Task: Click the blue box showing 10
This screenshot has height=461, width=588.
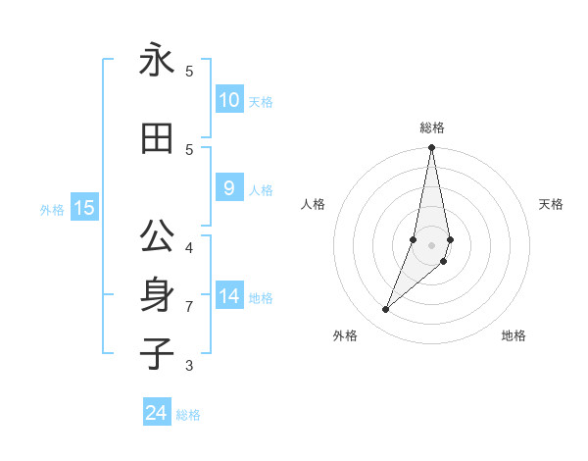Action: pos(229,100)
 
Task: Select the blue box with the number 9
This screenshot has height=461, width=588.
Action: pos(229,188)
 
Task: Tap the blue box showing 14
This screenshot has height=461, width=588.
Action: pos(229,296)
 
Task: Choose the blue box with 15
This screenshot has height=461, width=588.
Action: pos(84,207)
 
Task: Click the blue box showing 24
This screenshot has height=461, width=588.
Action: pos(157,413)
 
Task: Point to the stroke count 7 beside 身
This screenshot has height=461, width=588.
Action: pos(189,307)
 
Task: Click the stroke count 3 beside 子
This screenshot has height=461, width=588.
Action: pos(189,366)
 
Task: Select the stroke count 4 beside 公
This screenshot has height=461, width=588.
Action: pos(189,247)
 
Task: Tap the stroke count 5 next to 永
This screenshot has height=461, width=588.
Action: pos(189,71)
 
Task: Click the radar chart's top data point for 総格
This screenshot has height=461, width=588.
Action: pos(431,148)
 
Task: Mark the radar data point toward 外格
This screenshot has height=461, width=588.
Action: pos(386,309)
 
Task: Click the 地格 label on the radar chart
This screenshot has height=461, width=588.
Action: pos(514,335)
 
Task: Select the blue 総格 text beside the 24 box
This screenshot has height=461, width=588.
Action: pos(188,415)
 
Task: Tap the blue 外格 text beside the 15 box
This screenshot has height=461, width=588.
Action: pos(52,209)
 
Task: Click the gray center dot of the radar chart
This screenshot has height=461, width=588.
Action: pos(431,244)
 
